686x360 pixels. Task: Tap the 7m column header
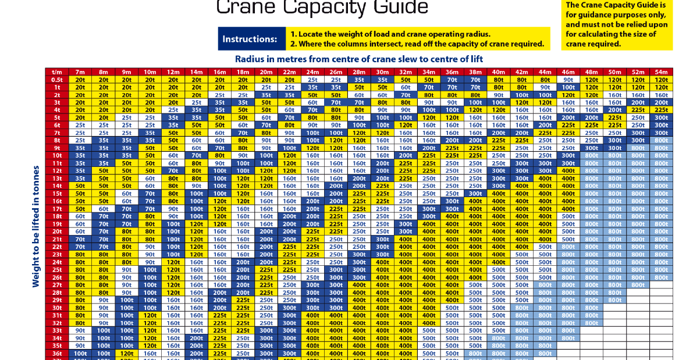[x=80, y=72]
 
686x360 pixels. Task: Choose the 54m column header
[x=661, y=72]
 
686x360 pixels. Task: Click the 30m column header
[x=382, y=72]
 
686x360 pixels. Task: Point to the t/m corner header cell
[x=57, y=72]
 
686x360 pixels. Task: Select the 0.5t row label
[x=57, y=80]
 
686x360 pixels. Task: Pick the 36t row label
[x=57, y=353]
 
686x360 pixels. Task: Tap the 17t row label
[x=57, y=209]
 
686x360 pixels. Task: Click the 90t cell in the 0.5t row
[x=568, y=80]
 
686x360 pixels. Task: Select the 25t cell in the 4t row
[x=173, y=110]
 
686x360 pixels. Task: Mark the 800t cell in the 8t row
[x=661, y=140]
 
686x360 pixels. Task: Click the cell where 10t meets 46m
[x=568, y=155]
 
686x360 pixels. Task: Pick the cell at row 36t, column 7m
[x=80, y=353]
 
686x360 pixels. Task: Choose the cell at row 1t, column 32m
[x=406, y=87]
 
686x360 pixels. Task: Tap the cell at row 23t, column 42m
[x=521, y=254]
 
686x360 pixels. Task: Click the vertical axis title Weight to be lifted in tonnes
[x=36, y=227]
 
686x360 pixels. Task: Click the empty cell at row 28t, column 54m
[x=661, y=292]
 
